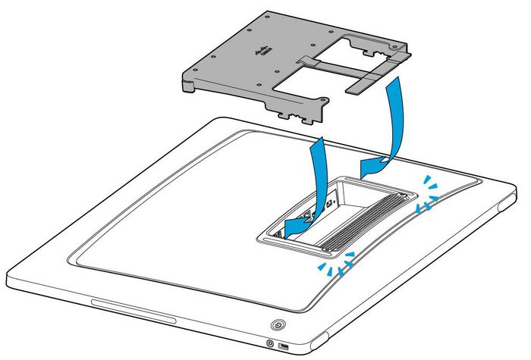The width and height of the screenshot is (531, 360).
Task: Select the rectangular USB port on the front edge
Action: pyautogui.click(x=285, y=347)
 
